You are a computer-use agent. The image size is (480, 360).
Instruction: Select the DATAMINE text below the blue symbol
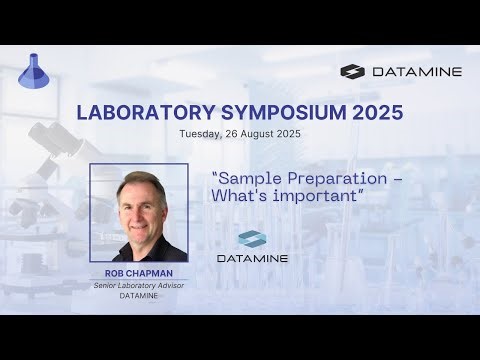[252, 259]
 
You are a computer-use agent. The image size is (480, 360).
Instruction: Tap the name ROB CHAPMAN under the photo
[139, 273]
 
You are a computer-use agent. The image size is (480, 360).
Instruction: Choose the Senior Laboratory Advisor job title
[139, 285]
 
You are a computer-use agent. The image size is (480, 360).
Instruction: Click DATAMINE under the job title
[139, 296]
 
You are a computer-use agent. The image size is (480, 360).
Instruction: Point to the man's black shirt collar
[140, 245]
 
